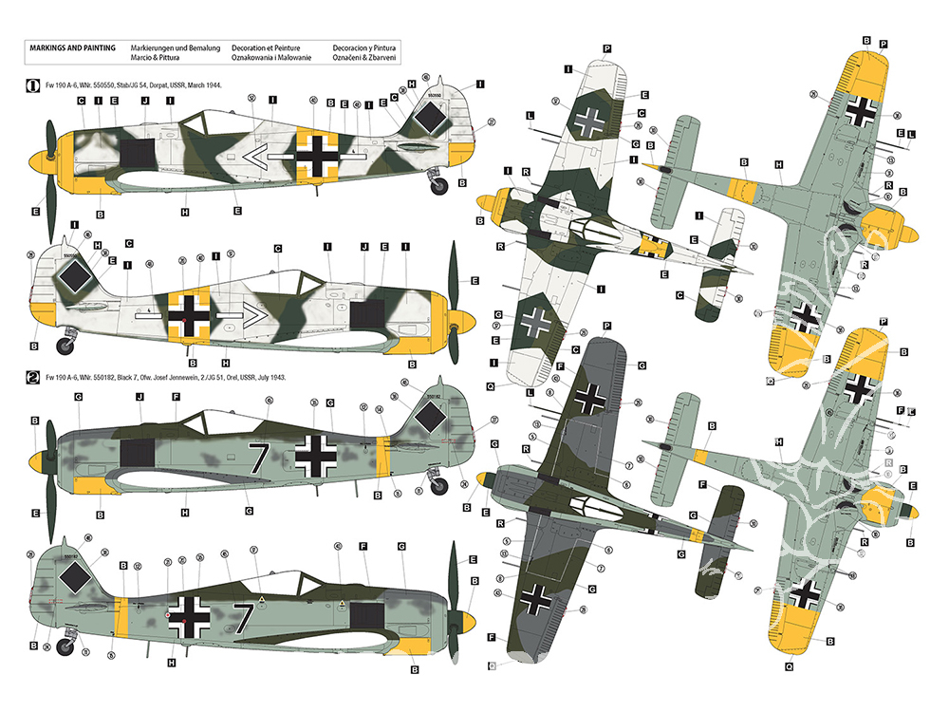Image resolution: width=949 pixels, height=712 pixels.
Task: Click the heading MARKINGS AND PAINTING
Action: [73, 47]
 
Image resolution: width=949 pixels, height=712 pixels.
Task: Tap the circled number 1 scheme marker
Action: [32, 84]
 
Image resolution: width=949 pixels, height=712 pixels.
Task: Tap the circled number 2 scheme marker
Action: [32, 377]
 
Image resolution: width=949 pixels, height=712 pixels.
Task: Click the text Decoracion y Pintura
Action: [364, 47]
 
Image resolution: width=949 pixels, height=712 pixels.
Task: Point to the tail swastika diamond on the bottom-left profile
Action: [72, 575]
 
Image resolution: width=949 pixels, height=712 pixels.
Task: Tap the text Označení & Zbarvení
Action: [364, 58]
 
